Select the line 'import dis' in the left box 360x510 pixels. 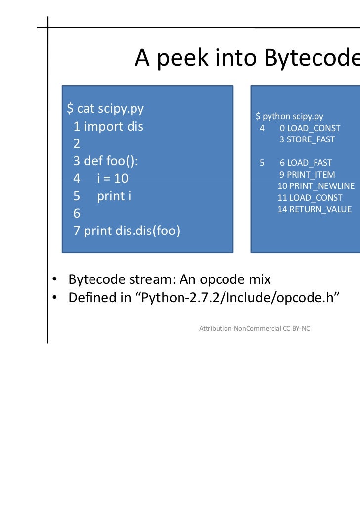click(113, 126)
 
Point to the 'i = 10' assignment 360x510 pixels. click(112, 179)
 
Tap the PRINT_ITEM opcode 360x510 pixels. click(311, 174)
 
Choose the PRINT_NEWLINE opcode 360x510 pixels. click(321, 186)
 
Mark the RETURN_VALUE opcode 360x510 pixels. click(320, 209)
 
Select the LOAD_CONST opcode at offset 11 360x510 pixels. click(315, 197)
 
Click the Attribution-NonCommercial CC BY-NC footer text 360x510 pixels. click(254, 328)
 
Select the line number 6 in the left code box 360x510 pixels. click(77, 213)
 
